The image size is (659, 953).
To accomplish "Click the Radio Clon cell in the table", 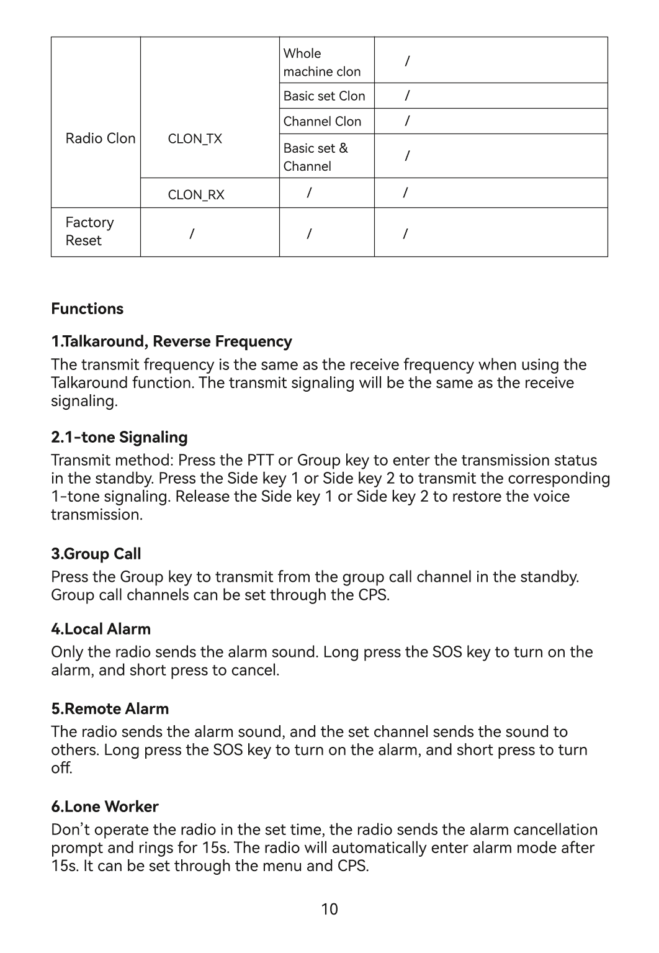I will point(100,138).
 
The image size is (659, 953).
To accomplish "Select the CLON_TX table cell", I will point(195,139).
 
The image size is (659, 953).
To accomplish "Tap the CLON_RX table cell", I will point(196,195).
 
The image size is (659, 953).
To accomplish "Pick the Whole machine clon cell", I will point(321,63).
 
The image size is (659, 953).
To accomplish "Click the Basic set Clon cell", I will point(324,96).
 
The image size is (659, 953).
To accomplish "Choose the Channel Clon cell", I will point(322,122).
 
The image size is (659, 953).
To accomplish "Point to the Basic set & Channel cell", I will point(315,157).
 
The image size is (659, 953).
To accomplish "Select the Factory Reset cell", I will point(90,232).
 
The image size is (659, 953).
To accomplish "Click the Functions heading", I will point(87,309).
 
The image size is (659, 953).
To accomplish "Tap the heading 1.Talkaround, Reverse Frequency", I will point(171,341).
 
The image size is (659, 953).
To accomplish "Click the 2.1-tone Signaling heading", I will point(119,437).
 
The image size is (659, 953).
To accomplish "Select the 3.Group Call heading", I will point(96,554).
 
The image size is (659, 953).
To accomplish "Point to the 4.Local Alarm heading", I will point(101,629).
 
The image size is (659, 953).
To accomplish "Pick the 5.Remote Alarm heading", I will point(110,709).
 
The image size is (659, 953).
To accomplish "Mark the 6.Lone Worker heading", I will point(104,806).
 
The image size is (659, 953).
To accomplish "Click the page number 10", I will point(329,910).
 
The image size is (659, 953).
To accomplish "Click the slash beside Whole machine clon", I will point(407,61).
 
